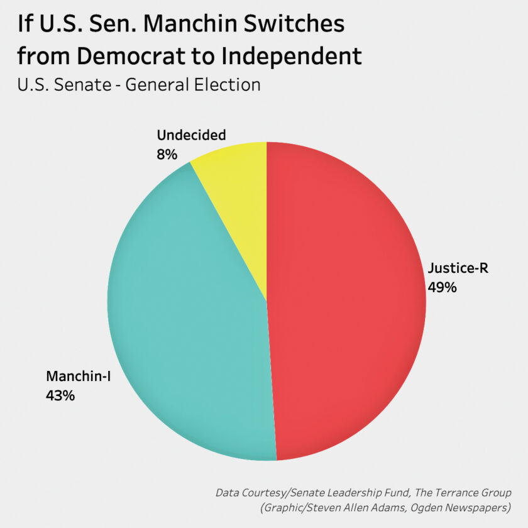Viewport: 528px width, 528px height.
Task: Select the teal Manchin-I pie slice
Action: tap(189, 314)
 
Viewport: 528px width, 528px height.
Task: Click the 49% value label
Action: tap(442, 287)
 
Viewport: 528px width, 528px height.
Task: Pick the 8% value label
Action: tap(167, 153)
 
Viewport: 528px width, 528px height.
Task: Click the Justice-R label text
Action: tap(458, 269)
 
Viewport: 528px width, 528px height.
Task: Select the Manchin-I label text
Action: tap(78, 377)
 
